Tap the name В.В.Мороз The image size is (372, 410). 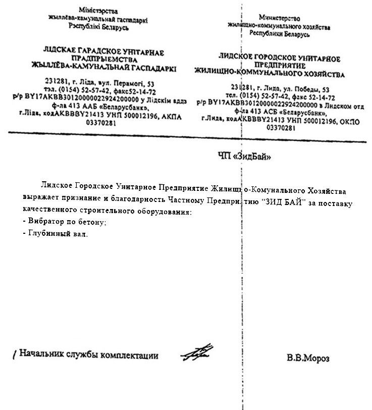pyautogui.click(x=308, y=358)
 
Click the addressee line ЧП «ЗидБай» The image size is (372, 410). pyautogui.click(x=244, y=157)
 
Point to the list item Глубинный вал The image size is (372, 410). pyautogui.click(x=56, y=233)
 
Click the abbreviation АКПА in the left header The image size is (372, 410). pyautogui.click(x=171, y=116)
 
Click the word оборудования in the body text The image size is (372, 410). pyautogui.click(x=165, y=212)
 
